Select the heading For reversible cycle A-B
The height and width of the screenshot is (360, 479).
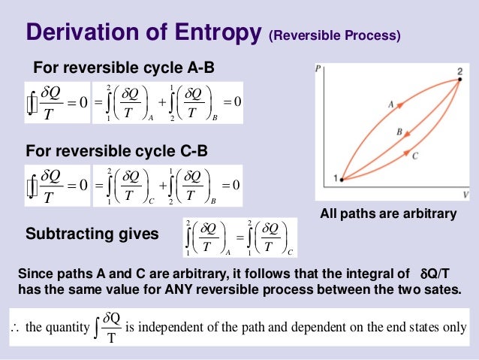tap(124, 68)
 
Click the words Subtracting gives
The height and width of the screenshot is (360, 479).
tap(92, 234)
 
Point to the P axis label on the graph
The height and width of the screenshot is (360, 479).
tap(319, 68)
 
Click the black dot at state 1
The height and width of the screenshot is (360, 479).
tap(342, 180)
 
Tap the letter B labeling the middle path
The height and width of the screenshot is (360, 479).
tap(399, 131)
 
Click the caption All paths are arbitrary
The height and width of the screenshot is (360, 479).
tap(388, 214)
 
